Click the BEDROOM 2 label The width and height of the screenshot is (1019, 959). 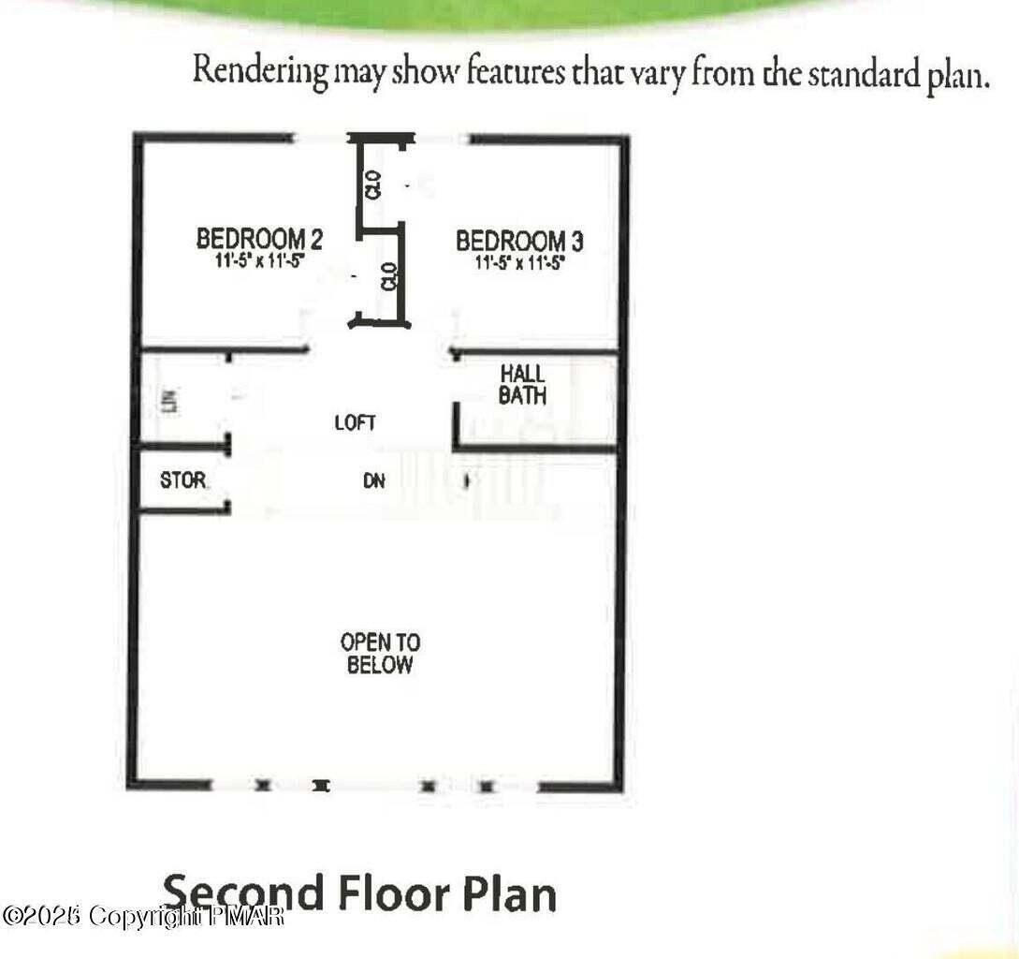[260, 239]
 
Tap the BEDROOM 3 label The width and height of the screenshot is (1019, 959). [519, 241]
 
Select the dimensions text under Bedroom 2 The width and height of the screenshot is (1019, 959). [260, 262]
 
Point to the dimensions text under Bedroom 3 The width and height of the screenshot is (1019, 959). [519, 264]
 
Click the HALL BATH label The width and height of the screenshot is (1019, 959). [522, 384]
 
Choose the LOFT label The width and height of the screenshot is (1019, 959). [356, 423]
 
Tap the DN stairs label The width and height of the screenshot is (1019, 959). [374, 482]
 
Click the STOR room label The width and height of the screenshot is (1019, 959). [182, 480]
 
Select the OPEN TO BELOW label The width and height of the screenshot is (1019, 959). [380, 654]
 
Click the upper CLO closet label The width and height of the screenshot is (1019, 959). [373, 184]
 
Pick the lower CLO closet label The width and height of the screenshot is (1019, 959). [389, 276]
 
